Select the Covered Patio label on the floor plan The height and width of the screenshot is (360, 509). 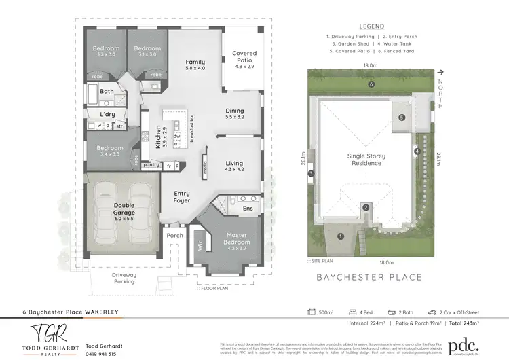244,57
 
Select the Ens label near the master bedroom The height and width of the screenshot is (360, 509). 248,209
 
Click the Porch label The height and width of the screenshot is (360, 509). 175,236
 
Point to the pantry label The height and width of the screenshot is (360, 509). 151,164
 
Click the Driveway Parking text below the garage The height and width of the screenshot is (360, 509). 124,278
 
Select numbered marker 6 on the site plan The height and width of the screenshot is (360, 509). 371,85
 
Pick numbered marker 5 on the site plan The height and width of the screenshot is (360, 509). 402,118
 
